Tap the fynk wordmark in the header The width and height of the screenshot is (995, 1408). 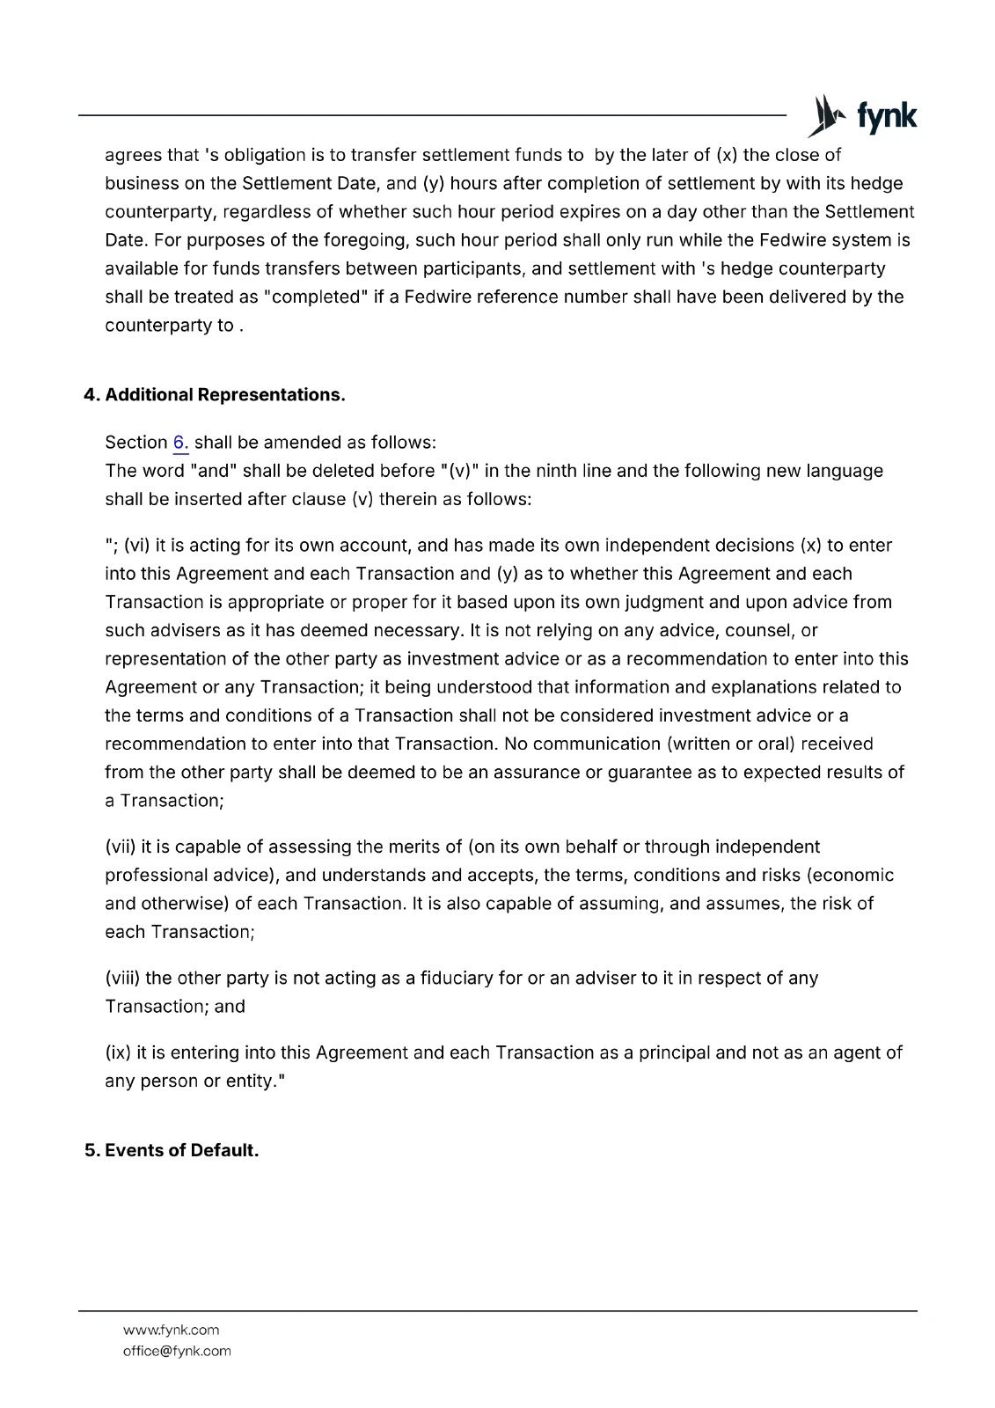887,116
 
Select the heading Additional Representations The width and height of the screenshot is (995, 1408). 224,395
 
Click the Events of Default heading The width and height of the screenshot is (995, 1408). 181,1151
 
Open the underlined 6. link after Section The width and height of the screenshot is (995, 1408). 180,443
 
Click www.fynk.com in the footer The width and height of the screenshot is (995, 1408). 171,1331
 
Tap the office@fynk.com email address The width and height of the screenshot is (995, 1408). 177,1352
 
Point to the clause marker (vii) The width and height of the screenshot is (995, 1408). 120,847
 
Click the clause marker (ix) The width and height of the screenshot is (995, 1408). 118,1053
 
